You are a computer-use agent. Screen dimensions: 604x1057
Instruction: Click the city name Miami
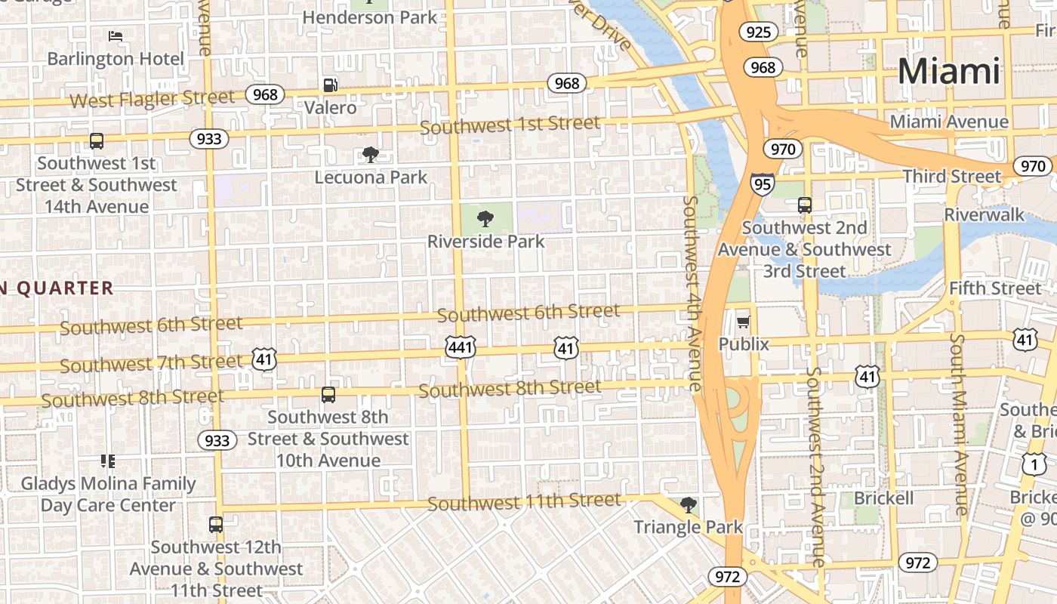click(x=949, y=71)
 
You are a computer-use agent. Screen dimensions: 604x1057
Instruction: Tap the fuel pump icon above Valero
click(x=330, y=85)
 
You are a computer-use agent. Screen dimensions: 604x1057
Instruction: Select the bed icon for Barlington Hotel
click(x=116, y=35)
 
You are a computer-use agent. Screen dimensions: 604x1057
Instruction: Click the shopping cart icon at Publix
click(x=744, y=322)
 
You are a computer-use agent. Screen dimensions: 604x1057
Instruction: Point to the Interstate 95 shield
click(x=762, y=183)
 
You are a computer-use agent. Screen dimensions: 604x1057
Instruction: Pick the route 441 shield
click(x=461, y=348)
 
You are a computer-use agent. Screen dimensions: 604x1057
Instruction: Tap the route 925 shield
click(x=759, y=32)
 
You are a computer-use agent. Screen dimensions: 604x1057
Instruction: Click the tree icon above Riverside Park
click(x=485, y=220)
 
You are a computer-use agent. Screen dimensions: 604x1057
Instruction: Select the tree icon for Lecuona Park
click(x=371, y=155)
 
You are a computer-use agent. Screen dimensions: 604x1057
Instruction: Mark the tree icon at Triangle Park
click(x=688, y=504)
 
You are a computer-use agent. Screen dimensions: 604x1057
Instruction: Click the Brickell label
click(x=883, y=498)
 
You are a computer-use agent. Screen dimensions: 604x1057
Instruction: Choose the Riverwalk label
click(x=985, y=214)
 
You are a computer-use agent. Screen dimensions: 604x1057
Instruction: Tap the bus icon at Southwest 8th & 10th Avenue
click(x=328, y=395)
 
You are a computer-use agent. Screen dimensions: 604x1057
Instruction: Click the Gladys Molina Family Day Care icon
click(x=108, y=461)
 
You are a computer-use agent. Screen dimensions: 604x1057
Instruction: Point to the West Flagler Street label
click(x=152, y=99)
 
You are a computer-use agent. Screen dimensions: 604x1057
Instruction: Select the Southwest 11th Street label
click(x=524, y=501)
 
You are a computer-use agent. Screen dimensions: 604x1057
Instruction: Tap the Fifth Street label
click(x=994, y=288)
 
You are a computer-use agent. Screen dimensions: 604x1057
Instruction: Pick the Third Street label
click(x=951, y=177)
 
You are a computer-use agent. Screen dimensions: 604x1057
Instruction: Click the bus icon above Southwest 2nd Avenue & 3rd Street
click(x=805, y=205)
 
